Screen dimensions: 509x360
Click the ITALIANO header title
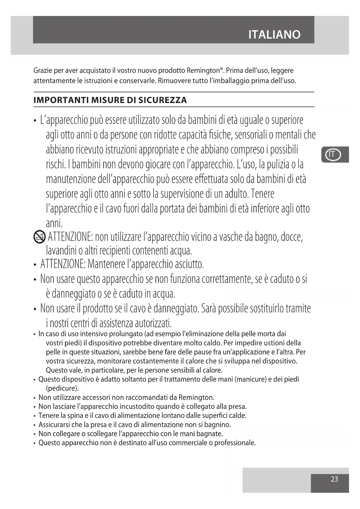[x=274, y=35]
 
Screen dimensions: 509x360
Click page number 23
[x=334, y=479]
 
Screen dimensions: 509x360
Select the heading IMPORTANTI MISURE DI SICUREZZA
[x=110, y=100]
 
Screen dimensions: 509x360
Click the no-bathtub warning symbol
[x=39, y=237]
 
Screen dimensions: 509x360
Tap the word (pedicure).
[x=62, y=388]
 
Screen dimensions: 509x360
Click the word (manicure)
[x=250, y=379]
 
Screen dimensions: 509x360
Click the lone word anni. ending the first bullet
[x=54, y=223]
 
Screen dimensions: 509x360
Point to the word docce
[x=292, y=237]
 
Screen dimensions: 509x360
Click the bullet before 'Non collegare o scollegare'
[x=35, y=434]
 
